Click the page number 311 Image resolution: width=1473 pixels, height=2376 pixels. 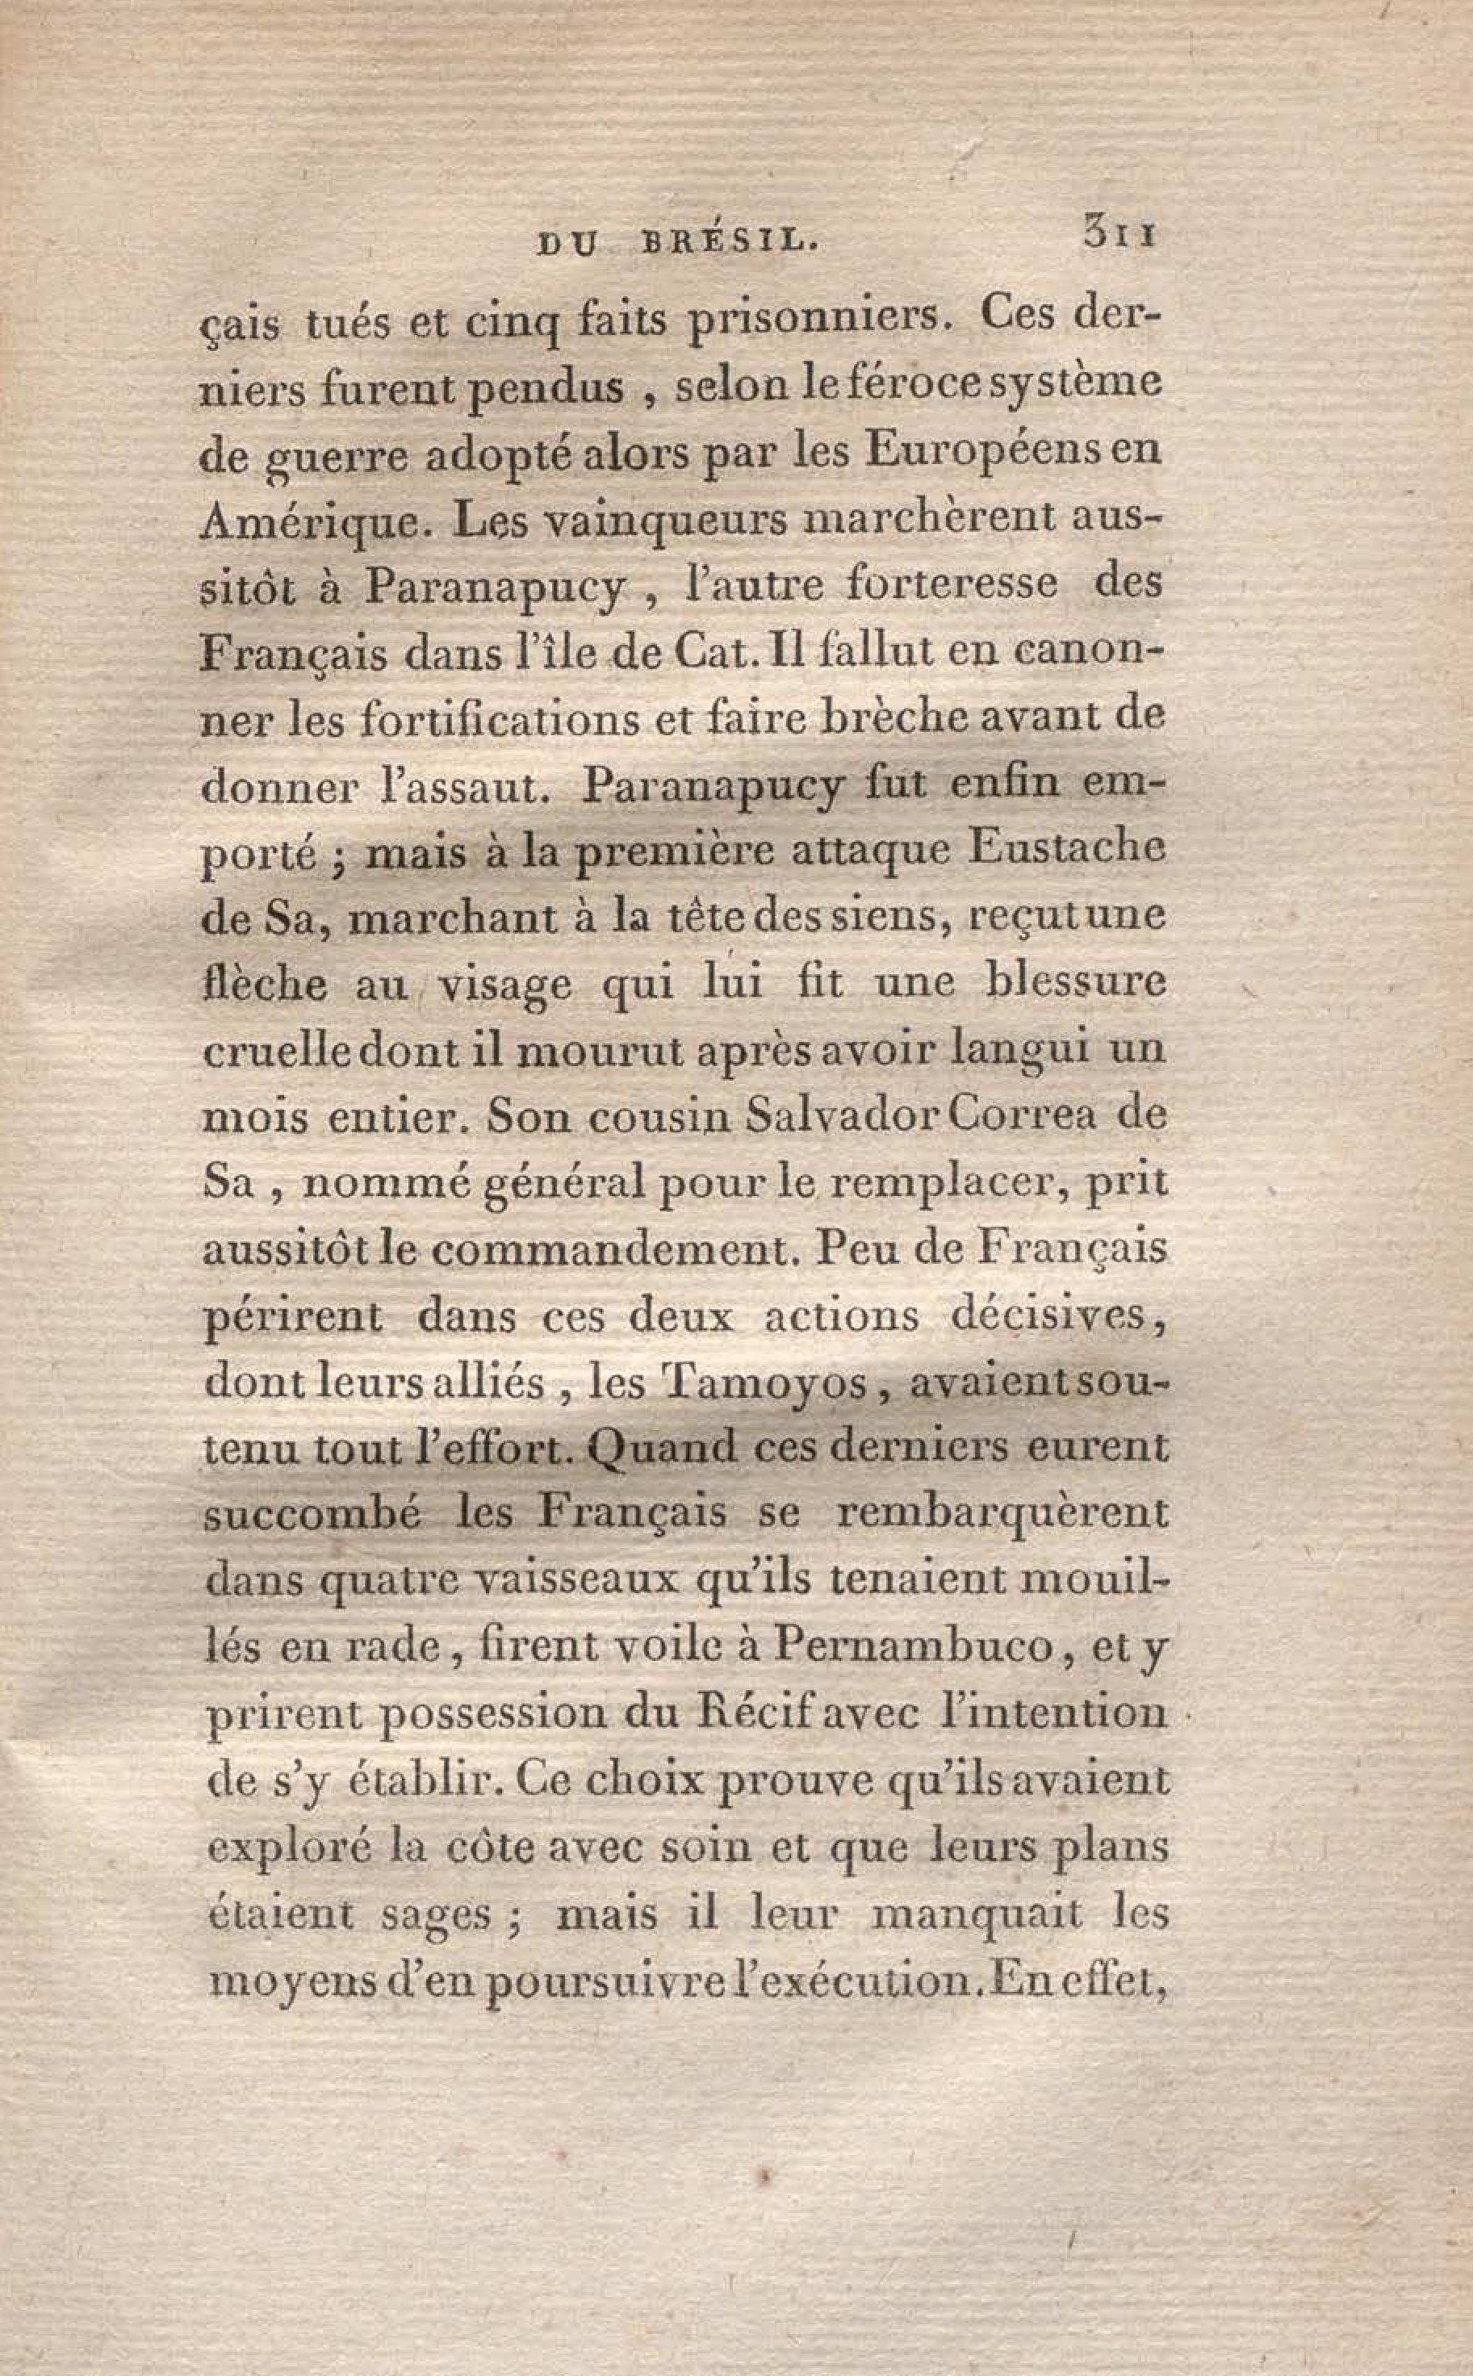[1119, 236]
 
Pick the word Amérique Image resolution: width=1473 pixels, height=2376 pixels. [316, 522]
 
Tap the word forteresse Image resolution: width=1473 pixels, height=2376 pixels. [952, 584]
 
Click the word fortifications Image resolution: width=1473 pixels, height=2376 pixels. [566, 720]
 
